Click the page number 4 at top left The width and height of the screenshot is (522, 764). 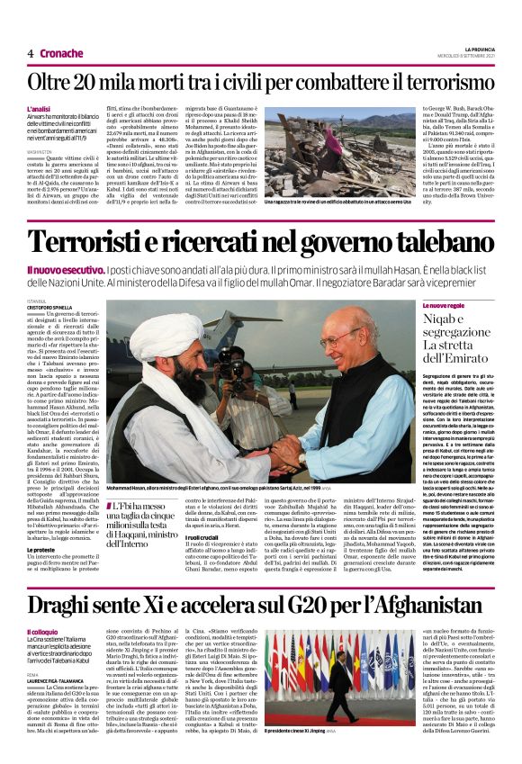(31, 53)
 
